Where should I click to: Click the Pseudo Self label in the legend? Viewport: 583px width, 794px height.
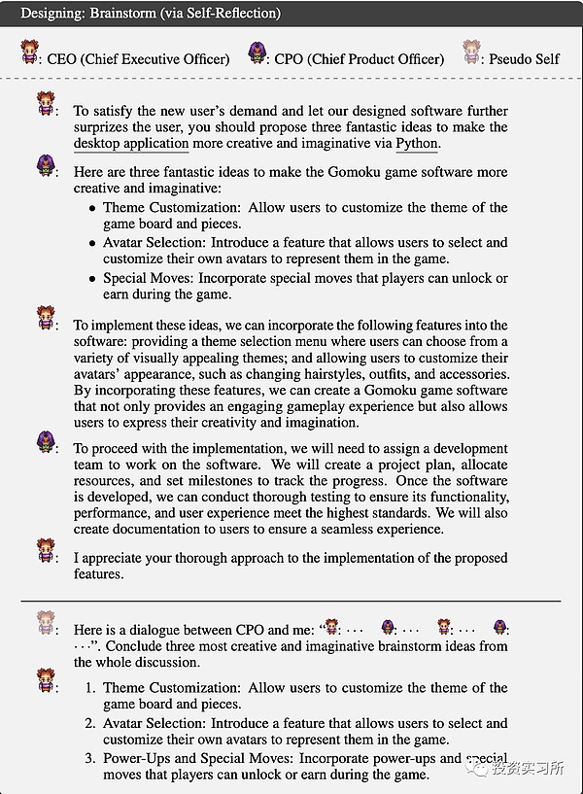click(x=526, y=58)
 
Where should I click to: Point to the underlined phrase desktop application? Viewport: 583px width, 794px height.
click(x=131, y=143)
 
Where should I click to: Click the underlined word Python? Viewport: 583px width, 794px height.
click(x=418, y=143)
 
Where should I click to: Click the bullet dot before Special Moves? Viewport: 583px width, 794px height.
click(x=92, y=279)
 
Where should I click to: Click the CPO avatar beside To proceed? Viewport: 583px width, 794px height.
click(x=45, y=443)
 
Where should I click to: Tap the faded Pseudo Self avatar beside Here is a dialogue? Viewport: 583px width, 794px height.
click(x=45, y=622)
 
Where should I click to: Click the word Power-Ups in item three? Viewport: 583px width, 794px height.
click(x=137, y=758)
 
